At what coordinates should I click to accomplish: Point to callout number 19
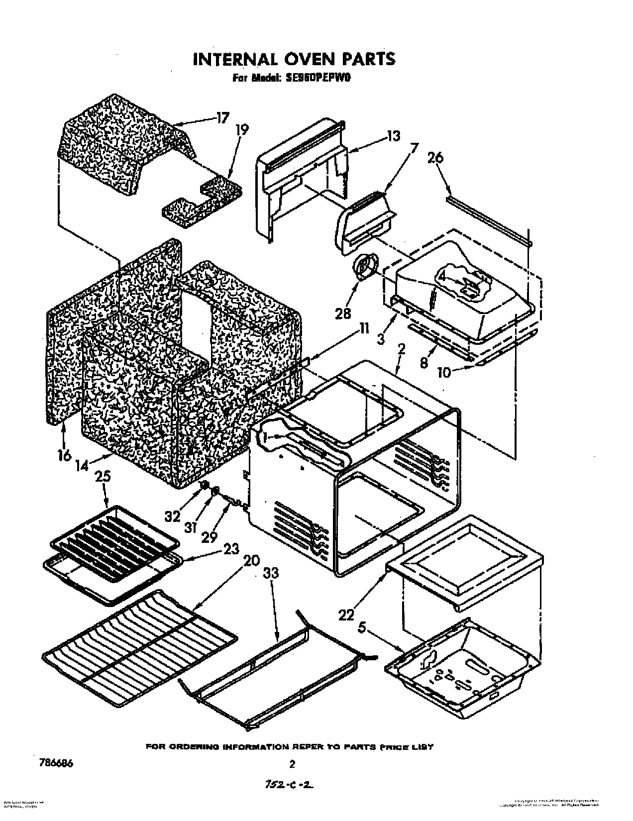click(242, 130)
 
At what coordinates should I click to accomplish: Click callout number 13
click(393, 136)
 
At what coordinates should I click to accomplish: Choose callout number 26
click(435, 158)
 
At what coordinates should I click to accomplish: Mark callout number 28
click(343, 313)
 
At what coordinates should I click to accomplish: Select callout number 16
click(64, 455)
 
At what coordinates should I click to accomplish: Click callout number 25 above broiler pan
click(103, 477)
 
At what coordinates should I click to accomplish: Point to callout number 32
click(172, 516)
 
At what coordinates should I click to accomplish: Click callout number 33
click(272, 574)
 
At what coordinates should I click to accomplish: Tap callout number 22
click(346, 615)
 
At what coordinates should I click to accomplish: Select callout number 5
click(362, 628)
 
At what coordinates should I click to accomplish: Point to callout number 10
click(443, 372)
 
